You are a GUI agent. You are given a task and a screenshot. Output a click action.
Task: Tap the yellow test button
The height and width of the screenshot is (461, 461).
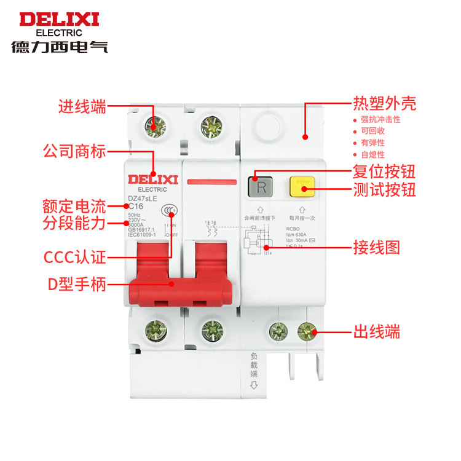[x=302, y=187]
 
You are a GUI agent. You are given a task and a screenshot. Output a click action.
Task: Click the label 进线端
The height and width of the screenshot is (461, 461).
[x=82, y=106]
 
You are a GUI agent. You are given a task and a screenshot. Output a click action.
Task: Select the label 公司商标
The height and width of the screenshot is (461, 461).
[x=74, y=151]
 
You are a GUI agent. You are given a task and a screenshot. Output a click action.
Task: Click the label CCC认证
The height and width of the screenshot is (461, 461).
[x=74, y=256]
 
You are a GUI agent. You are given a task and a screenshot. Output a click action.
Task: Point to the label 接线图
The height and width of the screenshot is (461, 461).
[x=377, y=248]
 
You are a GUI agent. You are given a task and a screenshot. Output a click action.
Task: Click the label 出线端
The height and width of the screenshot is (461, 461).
[x=377, y=332]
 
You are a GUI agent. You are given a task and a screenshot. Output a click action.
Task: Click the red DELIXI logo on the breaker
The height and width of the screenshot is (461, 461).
[x=152, y=179]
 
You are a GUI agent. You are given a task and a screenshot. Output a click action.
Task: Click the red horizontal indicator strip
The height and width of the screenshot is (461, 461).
[x=211, y=182]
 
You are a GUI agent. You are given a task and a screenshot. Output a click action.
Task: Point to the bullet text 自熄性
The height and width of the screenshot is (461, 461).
[x=372, y=154]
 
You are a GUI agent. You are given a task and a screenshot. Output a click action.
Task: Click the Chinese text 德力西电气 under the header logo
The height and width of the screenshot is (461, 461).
[x=59, y=47]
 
